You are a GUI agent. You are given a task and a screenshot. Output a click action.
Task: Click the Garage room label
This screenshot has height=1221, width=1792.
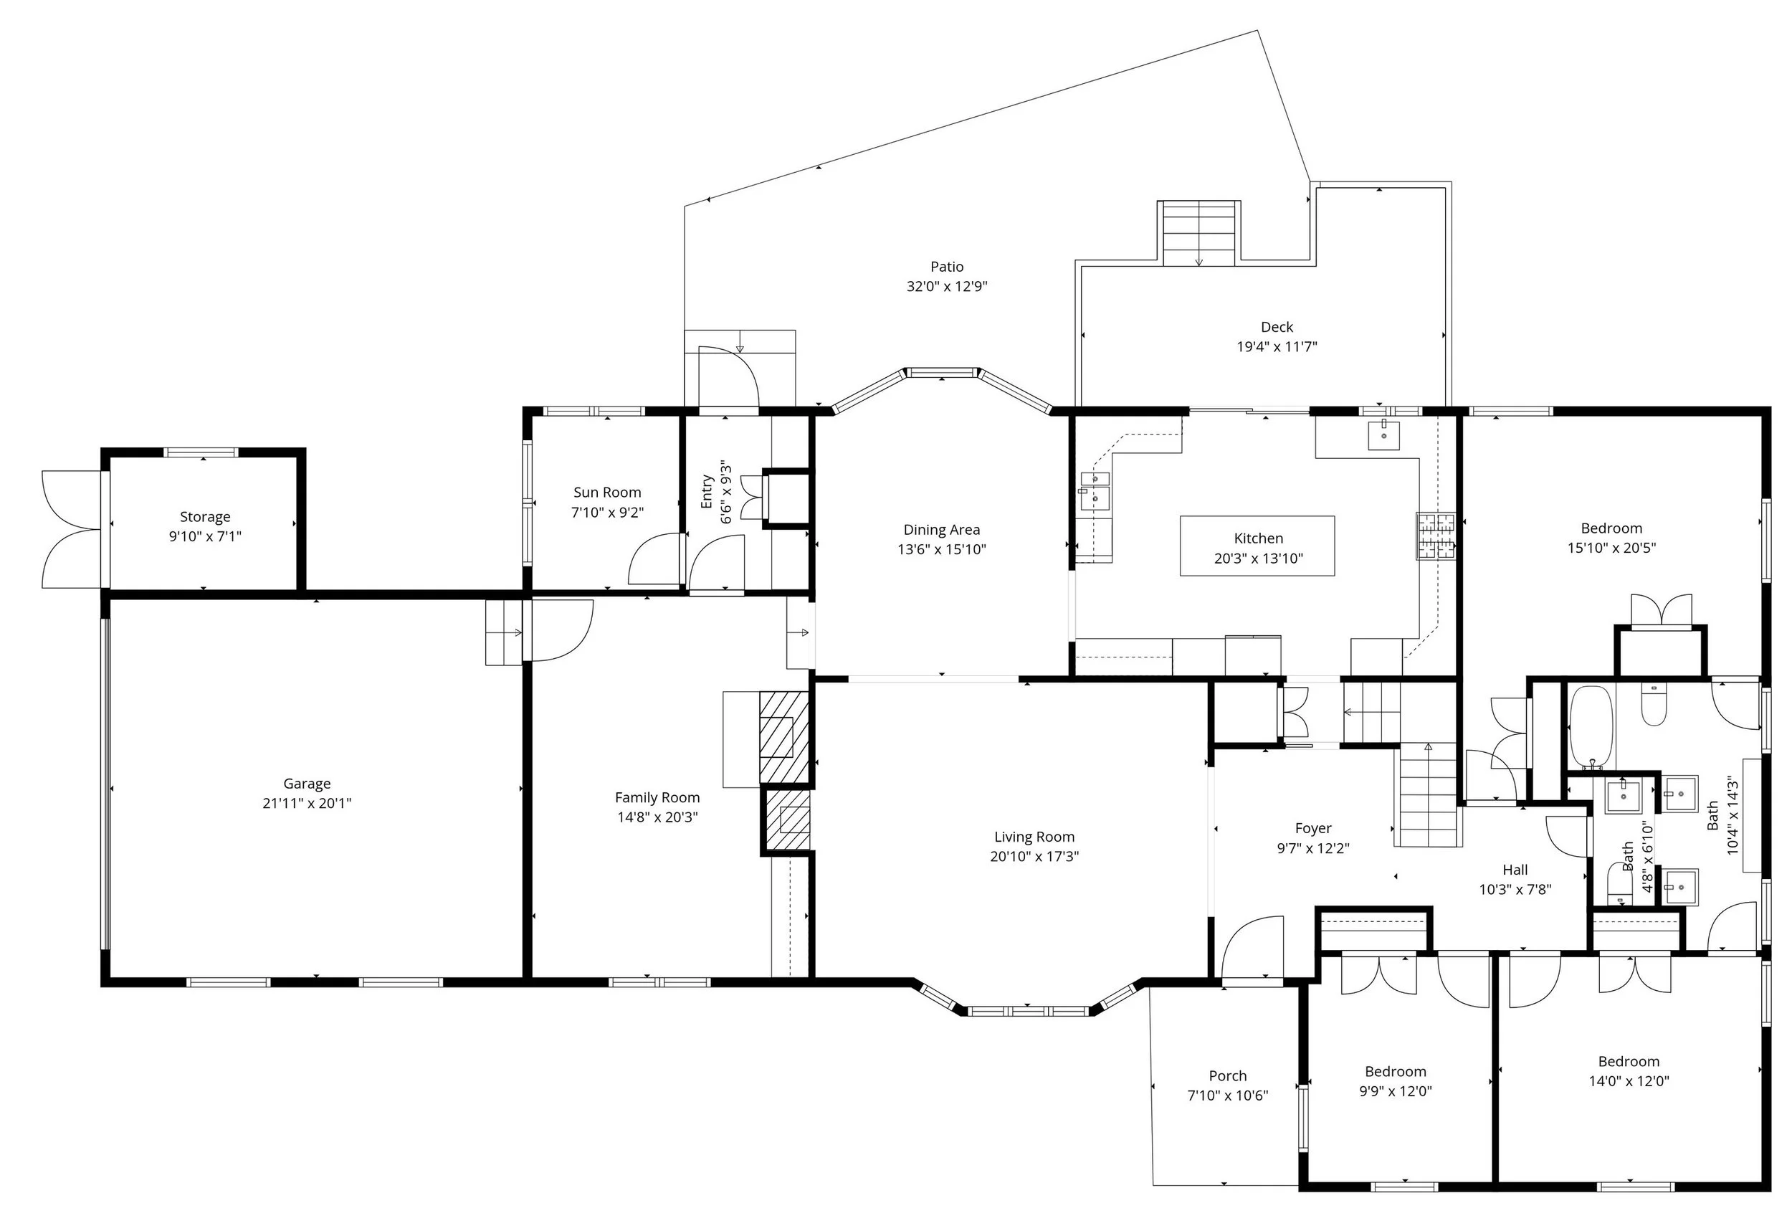306,783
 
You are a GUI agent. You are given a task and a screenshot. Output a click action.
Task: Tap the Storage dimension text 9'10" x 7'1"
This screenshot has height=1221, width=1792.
205,536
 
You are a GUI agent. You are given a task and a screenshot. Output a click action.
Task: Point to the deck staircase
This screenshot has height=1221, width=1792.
1199,234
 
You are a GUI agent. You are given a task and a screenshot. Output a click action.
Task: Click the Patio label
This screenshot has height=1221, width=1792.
946,267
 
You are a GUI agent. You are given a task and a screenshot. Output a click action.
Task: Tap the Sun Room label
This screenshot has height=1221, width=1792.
607,492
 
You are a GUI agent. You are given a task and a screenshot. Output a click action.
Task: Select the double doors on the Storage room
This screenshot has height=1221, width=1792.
71,529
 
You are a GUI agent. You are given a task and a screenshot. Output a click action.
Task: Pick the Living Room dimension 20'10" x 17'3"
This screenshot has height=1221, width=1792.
1034,856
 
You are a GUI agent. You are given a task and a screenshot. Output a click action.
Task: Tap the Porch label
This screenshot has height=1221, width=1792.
1226,1075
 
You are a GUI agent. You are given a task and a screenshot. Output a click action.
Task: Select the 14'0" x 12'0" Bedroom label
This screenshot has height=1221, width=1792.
1628,1061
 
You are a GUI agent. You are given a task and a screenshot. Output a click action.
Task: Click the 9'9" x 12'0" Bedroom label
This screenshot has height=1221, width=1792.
1395,1071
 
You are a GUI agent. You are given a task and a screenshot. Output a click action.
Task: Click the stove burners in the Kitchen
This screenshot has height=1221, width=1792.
1435,536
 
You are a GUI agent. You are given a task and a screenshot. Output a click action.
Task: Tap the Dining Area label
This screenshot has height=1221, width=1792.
941,530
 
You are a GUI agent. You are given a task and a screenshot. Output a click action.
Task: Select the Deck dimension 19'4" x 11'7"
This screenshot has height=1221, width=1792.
1276,347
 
